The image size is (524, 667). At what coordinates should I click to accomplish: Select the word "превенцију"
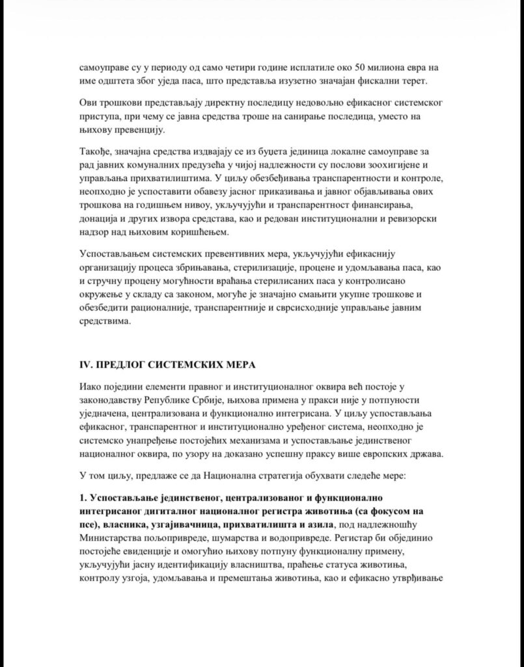pos(119,130)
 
